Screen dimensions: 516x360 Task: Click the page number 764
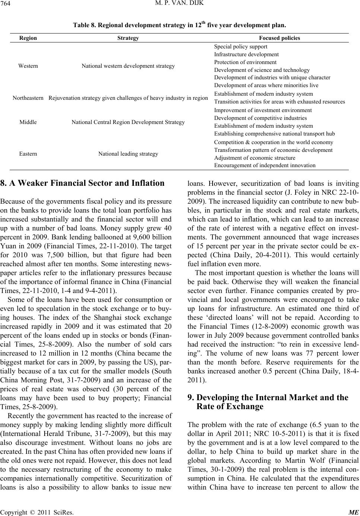click(x=6, y=5)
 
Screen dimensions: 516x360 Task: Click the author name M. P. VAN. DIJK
click(x=180, y=5)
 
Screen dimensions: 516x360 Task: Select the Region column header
click(x=28, y=38)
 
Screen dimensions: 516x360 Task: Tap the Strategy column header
click(x=128, y=38)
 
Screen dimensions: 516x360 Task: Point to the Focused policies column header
click(x=280, y=38)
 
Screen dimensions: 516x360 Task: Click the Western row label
click(x=28, y=66)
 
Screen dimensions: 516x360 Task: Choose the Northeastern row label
click(x=28, y=98)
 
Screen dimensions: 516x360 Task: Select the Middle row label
click(x=28, y=122)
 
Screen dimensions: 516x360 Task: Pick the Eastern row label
click(x=28, y=153)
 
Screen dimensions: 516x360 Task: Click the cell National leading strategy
click(x=128, y=153)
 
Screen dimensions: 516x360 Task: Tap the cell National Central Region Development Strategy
click(x=128, y=122)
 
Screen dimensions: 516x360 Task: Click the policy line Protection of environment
click(x=245, y=62)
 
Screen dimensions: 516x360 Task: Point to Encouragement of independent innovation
click(x=265, y=165)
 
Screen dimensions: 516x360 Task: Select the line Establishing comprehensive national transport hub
click(x=274, y=134)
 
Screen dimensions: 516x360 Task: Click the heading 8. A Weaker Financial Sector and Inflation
click(x=82, y=183)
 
